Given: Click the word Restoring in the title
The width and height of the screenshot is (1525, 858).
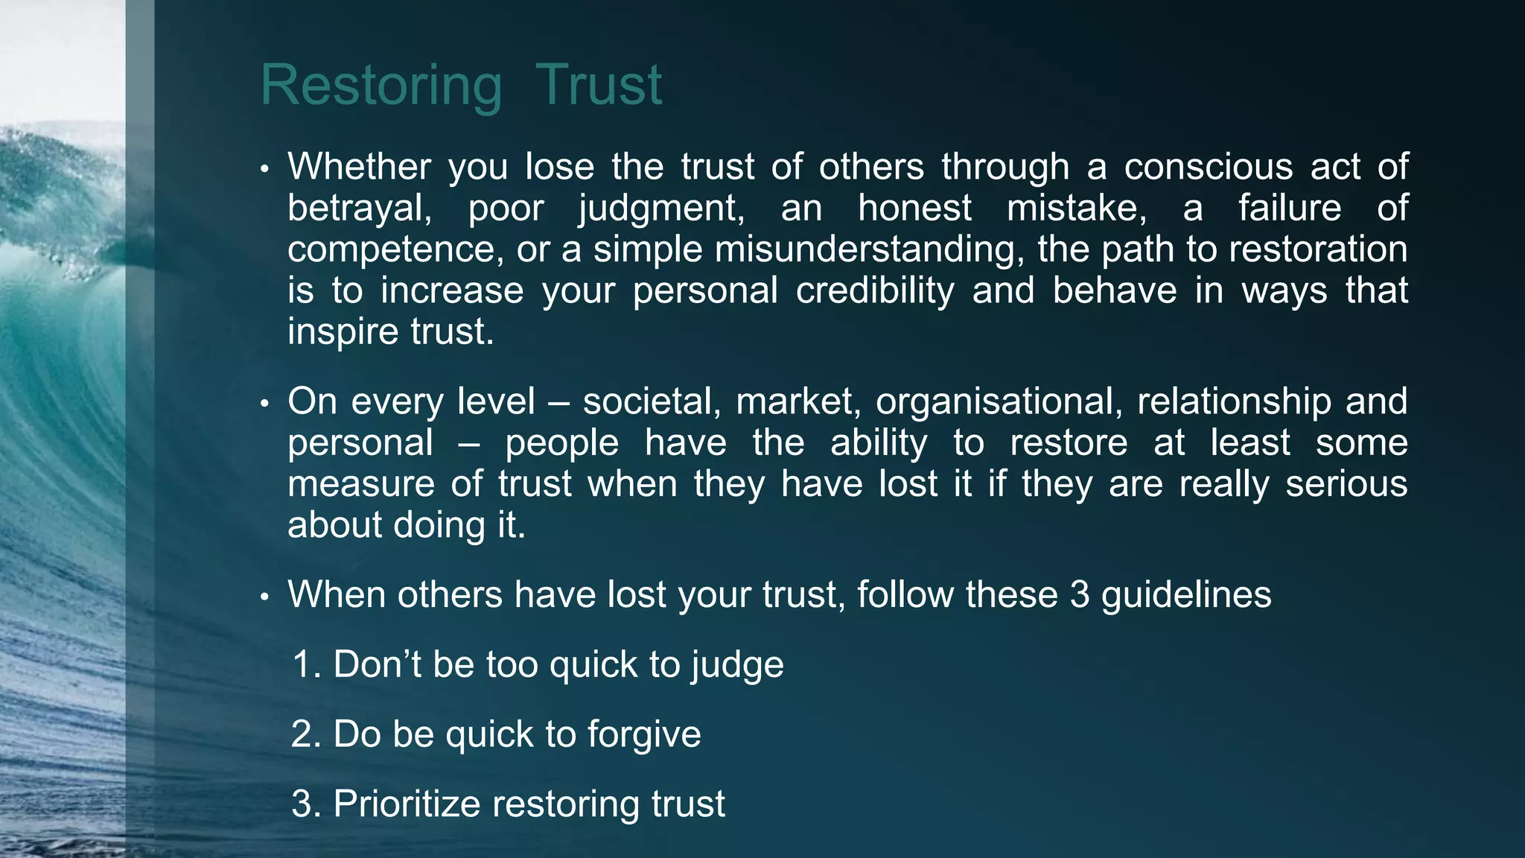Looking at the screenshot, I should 381,86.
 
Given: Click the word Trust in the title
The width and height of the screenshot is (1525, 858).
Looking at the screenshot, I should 598,86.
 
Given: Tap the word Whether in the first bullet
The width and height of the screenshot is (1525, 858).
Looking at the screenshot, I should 359,166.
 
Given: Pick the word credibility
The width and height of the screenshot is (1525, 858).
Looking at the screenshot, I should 874,290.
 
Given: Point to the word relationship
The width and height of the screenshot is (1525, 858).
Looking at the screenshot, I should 1234,402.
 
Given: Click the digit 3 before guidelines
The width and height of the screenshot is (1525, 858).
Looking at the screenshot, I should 1080,595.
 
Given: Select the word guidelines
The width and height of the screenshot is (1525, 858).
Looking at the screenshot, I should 1185,595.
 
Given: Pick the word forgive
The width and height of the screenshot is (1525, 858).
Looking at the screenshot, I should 644,735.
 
